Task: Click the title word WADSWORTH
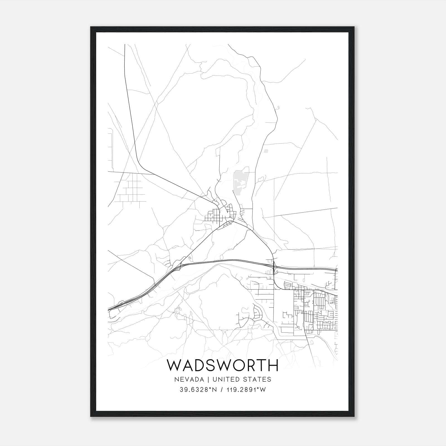(223, 365)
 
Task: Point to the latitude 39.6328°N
(198, 390)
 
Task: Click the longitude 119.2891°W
(245, 390)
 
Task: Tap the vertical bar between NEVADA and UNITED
(212, 379)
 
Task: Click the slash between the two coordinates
(222, 390)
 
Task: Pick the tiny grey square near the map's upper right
(266, 151)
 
